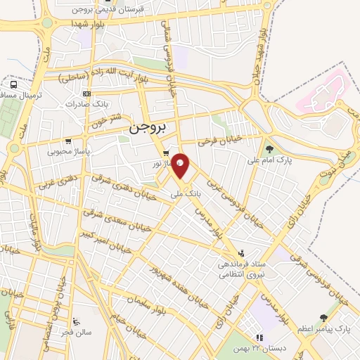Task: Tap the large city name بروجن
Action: [146, 130]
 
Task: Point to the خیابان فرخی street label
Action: [219, 141]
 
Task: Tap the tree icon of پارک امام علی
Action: [269, 148]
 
